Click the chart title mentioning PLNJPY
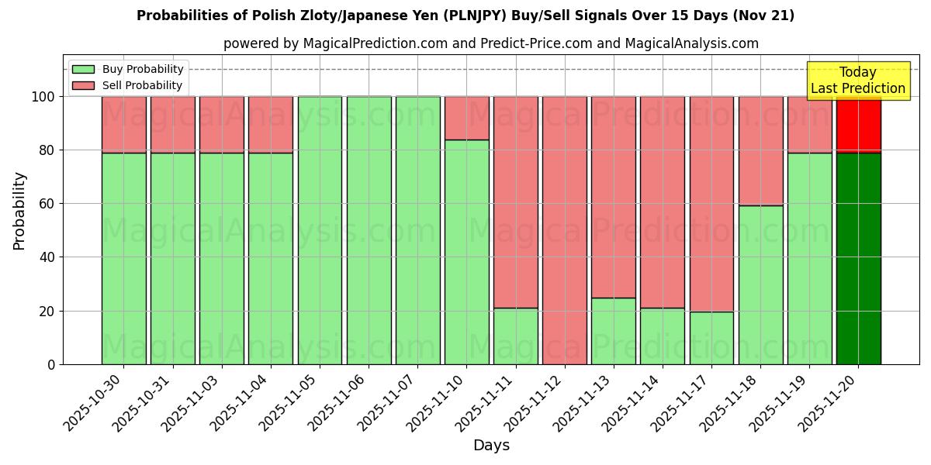point(465,15)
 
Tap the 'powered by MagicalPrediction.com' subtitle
point(490,44)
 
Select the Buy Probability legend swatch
point(83,69)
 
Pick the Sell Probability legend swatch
point(83,85)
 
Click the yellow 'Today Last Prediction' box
point(857,81)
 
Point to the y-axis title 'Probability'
point(20,211)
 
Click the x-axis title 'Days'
point(491,446)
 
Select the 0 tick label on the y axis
point(51,364)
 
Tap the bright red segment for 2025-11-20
point(858,124)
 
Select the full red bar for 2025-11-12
point(565,230)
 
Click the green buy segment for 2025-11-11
point(516,336)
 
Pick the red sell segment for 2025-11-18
point(760,151)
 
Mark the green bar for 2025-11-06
point(369,230)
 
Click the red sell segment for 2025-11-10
point(467,118)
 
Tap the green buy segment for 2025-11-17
point(711,338)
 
